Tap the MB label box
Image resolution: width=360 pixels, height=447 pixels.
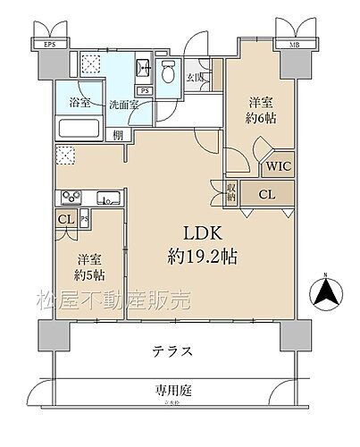point(293,43)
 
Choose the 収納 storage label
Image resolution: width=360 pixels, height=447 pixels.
point(231,190)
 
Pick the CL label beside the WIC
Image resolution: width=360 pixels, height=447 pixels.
point(266,194)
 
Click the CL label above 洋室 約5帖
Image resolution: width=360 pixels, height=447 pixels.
point(65,220)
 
